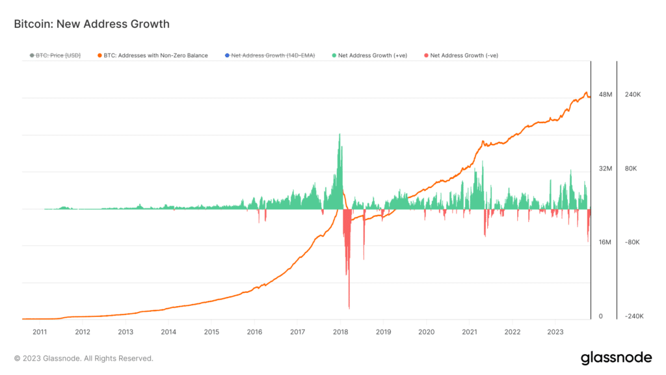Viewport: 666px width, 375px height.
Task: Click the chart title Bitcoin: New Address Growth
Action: pos(92,24)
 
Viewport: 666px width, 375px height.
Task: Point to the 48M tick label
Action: pos(605,95)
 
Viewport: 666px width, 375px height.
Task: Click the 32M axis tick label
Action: pos(605,169)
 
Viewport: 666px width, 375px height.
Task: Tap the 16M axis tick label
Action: pos(605,242)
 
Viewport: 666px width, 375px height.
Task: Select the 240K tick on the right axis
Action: pos(633,95)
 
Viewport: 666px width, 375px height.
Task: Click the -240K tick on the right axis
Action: pos(633,316)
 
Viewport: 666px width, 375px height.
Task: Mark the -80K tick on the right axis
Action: pos(633,242)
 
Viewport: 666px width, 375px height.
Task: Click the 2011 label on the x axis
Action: pos(40,331)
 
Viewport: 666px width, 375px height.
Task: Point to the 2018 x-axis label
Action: pos(340,331)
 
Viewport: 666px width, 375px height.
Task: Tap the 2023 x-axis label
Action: pos(555,331)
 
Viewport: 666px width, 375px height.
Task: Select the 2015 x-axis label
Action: pos(211,331)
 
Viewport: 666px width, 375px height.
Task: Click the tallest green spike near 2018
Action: pos(340,135)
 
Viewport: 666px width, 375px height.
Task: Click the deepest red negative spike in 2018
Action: pos(349,306)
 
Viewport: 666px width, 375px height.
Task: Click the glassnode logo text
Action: pos(615,357)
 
